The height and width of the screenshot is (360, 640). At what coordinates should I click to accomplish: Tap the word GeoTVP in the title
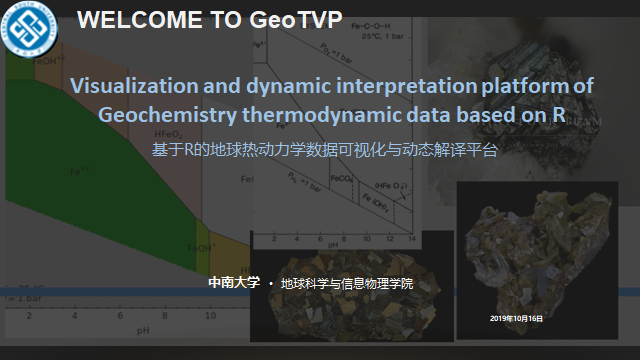tap(299, 21)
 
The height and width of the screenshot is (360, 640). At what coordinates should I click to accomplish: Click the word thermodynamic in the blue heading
tap(308, 114)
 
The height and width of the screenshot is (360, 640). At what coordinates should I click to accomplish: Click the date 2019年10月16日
tap(517, 317)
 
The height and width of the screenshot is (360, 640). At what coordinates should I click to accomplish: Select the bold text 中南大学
tap(233, 283)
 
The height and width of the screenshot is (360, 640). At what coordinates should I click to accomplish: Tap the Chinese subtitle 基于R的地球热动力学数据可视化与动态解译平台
tap(324, 151)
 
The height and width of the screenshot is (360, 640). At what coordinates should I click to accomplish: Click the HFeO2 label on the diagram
tap(167, 134)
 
